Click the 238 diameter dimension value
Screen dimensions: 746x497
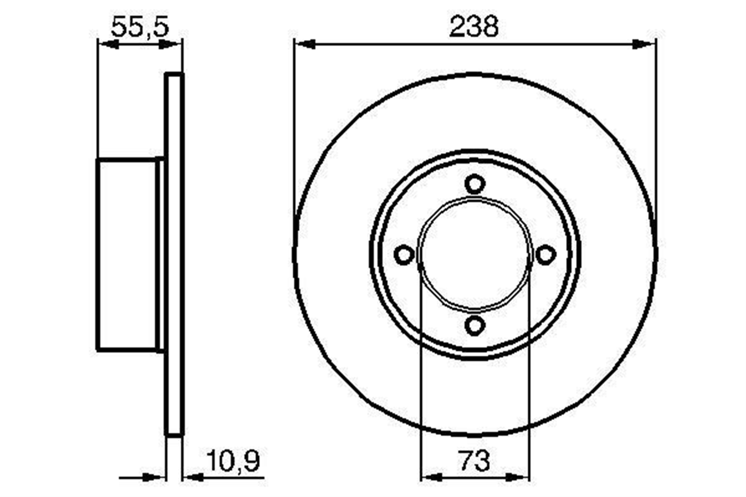coord(474,26)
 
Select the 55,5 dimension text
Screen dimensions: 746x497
coord(140,26)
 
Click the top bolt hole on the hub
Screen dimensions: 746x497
coord(475,184)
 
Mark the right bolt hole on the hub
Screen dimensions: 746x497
coord(546,255)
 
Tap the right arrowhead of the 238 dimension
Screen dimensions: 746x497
coord(644,44)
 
